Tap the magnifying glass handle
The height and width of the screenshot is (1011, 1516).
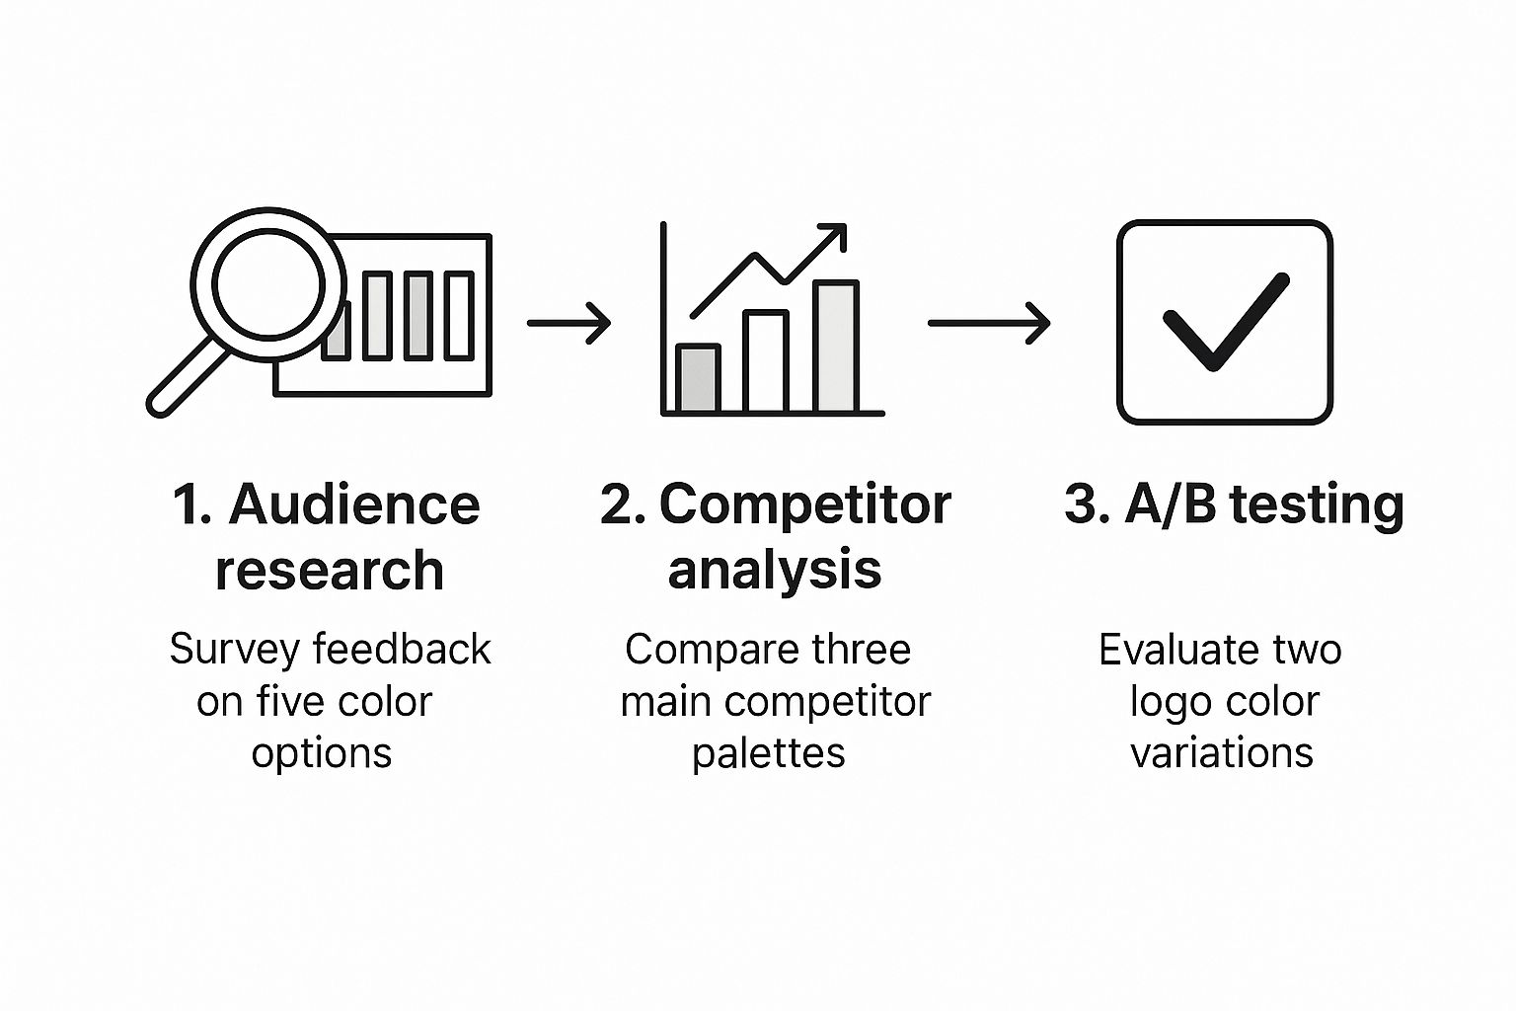pyautogui.click(x=187, y=378)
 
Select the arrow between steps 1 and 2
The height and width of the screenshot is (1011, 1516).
pyautogui.click(x=569, y=323)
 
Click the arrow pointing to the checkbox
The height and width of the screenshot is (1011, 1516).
pyautogui.click(x=989, y=323)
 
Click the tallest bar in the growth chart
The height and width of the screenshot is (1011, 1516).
pyautogui.click(x=837, y=346)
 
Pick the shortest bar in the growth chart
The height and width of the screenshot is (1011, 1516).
pyautogui.click(x=698, y=378)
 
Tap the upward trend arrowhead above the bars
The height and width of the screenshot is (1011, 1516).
pyautogui.click(x=833, y=236)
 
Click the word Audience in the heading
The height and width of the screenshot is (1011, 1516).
pyautogui.click(x=354, y=505)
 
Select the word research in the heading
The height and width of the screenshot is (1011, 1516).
pyautogui.click(x=330, y=570)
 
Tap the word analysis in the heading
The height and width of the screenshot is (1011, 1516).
pyautogui.click(x=775, y=571)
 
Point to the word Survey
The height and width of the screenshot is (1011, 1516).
pyautogui.click(x=235, y=650)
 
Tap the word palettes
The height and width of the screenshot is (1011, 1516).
pyautogui.click(x=768, y=753)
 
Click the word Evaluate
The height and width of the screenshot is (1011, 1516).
pyautogui.click(x=1173, y=649)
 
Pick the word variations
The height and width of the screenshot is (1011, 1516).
pyautogui.click(x=1222, y=752)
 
